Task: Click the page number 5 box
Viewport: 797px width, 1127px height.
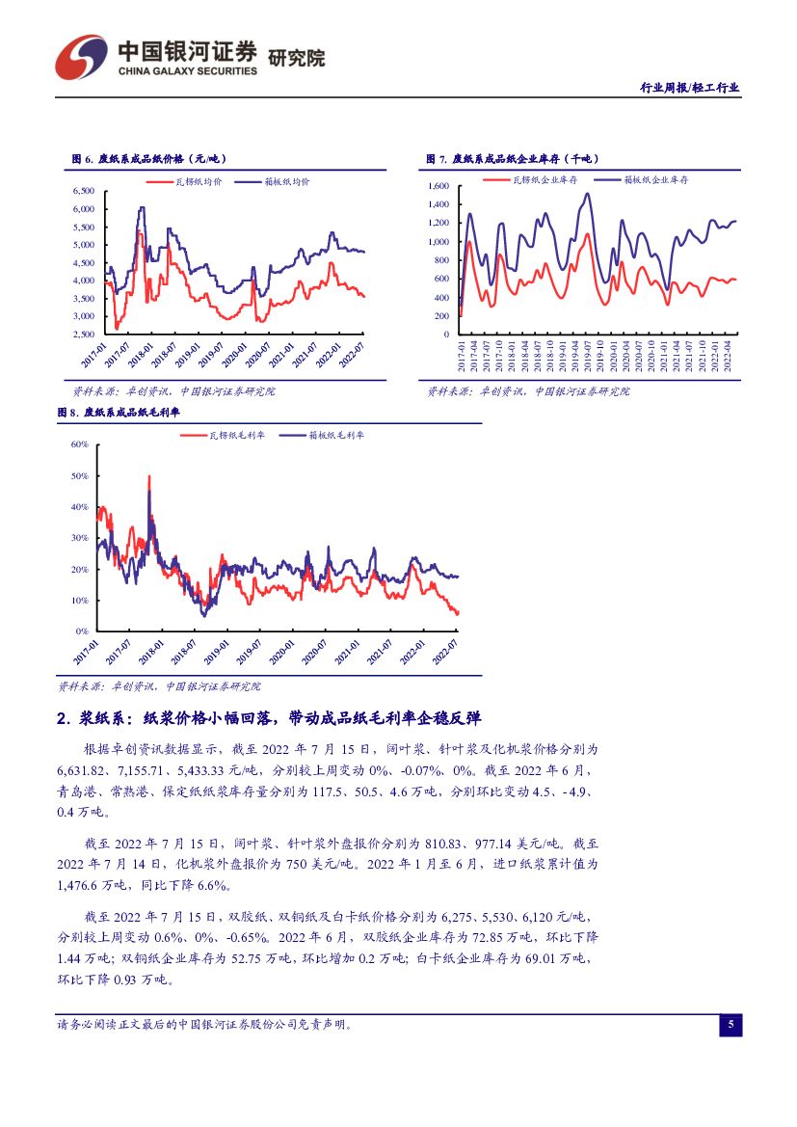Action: click(731, 1025)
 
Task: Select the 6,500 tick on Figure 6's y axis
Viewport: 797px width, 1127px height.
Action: click(83, 191)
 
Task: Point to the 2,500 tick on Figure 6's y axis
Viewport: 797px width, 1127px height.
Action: click(83, 335)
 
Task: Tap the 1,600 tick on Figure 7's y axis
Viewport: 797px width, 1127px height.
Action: click(438, 186)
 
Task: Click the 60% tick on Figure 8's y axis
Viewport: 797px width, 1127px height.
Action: click(79, 444)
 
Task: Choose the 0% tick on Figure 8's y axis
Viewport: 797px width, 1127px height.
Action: click(81, 631)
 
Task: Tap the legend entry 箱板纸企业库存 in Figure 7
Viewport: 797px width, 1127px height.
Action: click(655, 179)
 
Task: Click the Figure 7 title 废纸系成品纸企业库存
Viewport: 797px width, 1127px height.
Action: click(511, 159)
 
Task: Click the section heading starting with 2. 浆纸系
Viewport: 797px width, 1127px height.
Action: click(269, 718)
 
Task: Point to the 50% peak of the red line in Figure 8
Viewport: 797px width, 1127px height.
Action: click(148, 476)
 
